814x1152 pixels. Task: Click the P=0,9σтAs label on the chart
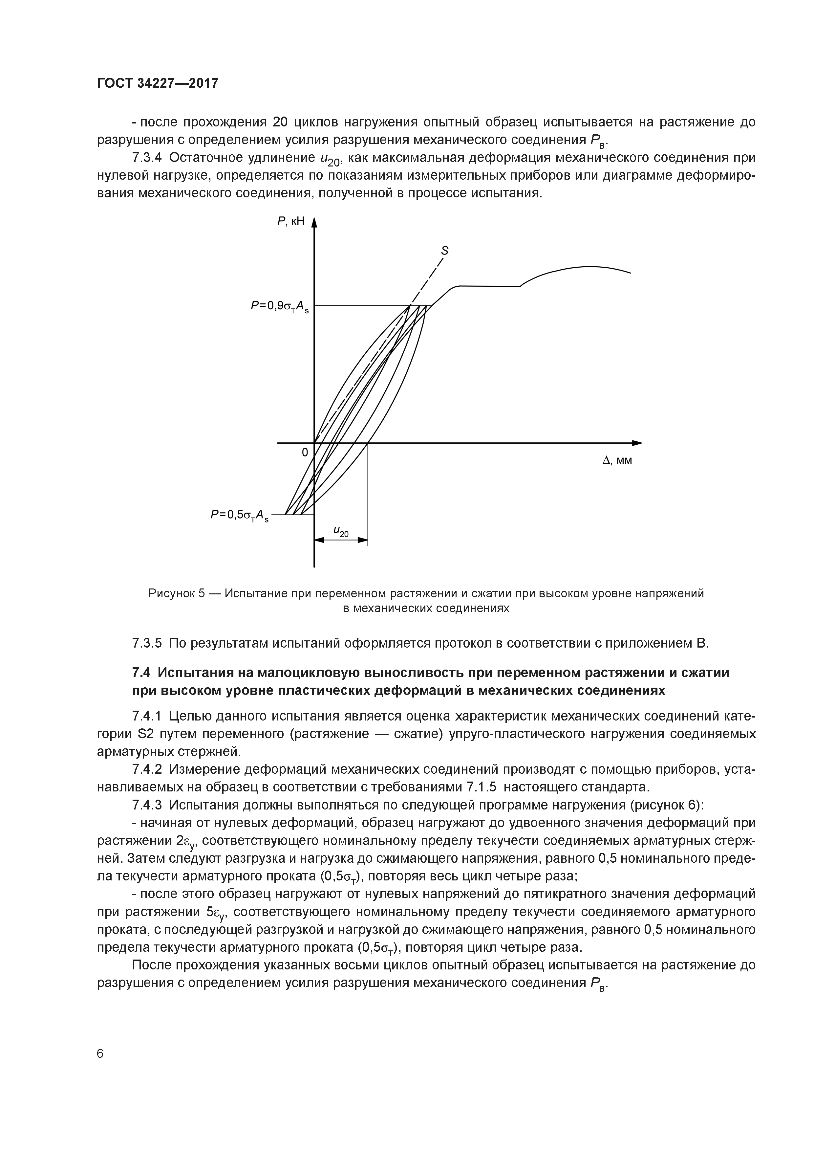pos(280,307)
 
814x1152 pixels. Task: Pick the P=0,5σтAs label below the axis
pos(239,515)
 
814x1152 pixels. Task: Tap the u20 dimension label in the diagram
pos(341,531)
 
